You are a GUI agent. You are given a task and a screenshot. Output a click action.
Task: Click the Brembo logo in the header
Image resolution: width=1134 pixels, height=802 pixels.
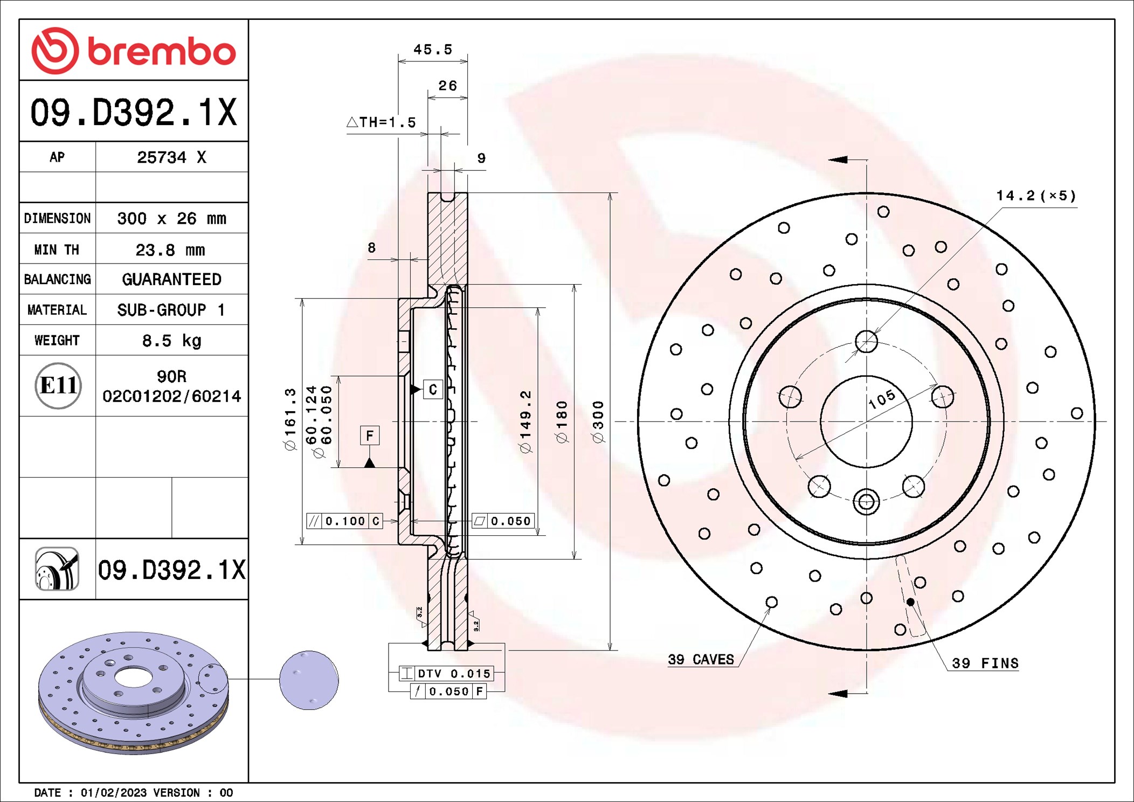pyautogui.click(x=134, y=51)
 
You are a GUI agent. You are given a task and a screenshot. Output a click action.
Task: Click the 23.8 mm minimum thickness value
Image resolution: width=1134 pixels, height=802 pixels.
pyautogui.click(x=170, y=250)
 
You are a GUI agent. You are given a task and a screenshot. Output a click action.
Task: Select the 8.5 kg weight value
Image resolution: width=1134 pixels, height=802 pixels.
pyautogui.click(x=171, y=341)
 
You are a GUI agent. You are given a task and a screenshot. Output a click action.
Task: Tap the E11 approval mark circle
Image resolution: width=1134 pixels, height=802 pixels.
pyautogui.click(x=58, y=386)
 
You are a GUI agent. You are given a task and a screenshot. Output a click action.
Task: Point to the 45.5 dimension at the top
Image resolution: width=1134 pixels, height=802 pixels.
pyautogui.click(x=432, y=50)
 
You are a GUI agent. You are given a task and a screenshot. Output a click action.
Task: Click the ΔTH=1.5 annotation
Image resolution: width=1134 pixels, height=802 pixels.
pyautogui.click(x=382, y=122)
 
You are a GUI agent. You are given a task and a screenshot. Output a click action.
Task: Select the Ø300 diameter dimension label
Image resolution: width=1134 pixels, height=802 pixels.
pyautogui.click(x=598, y=421)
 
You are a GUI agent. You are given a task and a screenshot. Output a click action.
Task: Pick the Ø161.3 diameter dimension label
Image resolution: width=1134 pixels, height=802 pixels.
pyautogui.click(x=291, y=419)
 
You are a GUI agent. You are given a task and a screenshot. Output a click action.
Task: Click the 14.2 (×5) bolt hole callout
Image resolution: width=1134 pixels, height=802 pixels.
pyautogui.click(x=1035, y=196)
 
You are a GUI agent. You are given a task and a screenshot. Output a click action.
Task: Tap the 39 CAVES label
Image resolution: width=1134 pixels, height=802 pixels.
pyautogui.click(x=701, y=660)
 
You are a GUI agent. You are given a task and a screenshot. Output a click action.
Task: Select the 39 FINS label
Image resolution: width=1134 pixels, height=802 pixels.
pyautogui.click(x=985, y=663)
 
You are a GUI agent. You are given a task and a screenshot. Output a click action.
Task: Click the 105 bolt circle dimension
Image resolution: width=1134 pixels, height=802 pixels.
pyautogui.click(x=882, y=399)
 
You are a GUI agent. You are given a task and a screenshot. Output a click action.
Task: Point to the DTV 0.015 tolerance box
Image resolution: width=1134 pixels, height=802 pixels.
pyautogui.click(x=446, y=673)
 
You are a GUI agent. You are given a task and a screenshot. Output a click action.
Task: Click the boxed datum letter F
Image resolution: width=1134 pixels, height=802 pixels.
pyautogui.click(x=370, y=435)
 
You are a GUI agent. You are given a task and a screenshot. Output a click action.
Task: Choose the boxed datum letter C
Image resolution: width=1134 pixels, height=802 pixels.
pyautogui.click(x=433, y=390)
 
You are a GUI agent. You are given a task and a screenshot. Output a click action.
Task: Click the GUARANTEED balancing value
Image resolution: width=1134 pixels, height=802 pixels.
pyautogui.click(x=171, y=279)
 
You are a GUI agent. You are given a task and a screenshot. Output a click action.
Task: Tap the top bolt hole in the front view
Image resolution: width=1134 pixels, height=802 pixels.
pyautogui.click(x=866, y=342)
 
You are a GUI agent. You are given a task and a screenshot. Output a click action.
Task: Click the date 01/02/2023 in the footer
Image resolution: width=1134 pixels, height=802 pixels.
pyautogui.click(x=113, y=793)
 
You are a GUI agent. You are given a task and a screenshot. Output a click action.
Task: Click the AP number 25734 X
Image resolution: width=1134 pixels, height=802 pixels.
pyautogui.click(x=171, y=157)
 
